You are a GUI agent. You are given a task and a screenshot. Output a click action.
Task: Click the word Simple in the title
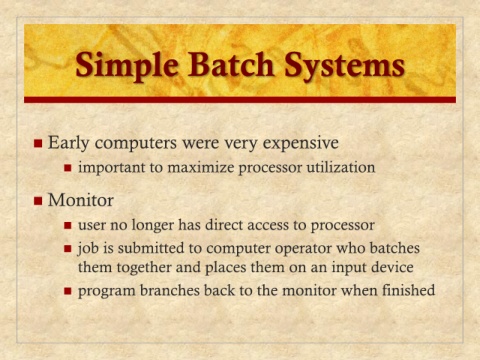click(x=127, y=66)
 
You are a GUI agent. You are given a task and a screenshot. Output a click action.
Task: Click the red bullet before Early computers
click(x=38, y=143)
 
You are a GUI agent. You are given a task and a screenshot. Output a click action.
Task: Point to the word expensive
click(x=301, y=144)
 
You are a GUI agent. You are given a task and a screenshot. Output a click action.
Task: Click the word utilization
click(x=341, y=167)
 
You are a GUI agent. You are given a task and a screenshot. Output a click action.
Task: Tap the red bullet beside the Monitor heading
click(x=38, y=201)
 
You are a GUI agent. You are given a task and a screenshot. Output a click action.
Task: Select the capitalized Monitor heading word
click(x=81, y=200)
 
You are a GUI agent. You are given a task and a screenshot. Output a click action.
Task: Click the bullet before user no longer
click(x=68, y=226)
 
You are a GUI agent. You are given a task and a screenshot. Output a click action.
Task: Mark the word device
click(x=392, y=267)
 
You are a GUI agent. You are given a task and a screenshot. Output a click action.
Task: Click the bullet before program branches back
click(x=68, y=291)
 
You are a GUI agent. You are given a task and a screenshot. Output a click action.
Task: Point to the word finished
click(x=408, y=290)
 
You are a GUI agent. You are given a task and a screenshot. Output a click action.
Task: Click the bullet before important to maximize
click(x=68, y=168)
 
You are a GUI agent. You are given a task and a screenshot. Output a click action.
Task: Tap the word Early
click(x=69, y=144)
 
